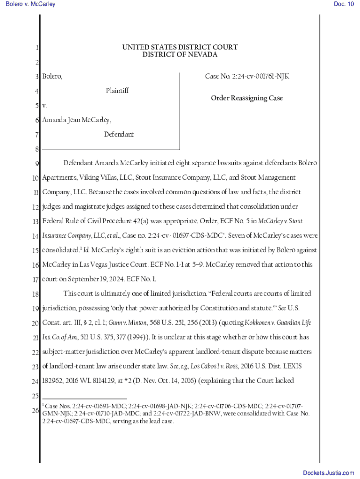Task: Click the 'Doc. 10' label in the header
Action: (344, 4)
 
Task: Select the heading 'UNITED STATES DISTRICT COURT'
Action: (180, 47)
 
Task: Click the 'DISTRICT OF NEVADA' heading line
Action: (180, 55)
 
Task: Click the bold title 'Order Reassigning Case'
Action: (247, 98)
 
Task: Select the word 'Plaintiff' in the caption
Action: (117, 91)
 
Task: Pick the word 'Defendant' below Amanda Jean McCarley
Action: (119, 135)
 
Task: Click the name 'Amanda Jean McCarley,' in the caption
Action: (77, 120)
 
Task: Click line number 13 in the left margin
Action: (36, 221)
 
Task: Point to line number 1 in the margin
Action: (36, 48)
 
